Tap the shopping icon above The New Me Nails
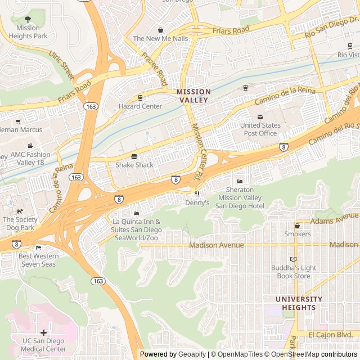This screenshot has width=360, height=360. (160, 30)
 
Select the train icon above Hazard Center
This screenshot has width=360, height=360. (140, 97)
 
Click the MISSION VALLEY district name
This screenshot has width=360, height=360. (193, 96)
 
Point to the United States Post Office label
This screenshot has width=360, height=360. (260, 129)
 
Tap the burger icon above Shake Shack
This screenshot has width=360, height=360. (134, 156)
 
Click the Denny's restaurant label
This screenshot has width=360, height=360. (197, 202)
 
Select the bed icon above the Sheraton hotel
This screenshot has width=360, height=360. (240, 181)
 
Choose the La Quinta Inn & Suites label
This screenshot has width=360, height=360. (137, 230)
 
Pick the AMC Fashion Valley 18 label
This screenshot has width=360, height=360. (30, 158)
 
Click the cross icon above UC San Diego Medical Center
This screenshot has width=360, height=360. (43, 332)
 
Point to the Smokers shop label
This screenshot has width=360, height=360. (297, 234)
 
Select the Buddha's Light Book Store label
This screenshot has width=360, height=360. (294, 272)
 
